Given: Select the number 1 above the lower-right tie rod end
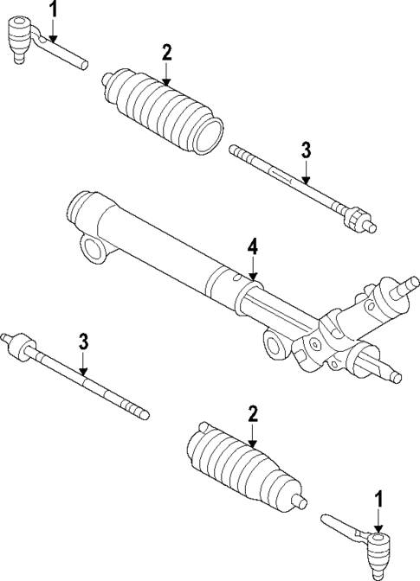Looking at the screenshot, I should click(378, 499).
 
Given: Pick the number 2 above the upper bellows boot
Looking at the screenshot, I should click(165, 53).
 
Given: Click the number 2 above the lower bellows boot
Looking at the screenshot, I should click(252, 413).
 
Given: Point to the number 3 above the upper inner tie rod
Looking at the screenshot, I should click(305, 150).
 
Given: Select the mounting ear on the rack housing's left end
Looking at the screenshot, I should click(92, 252).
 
